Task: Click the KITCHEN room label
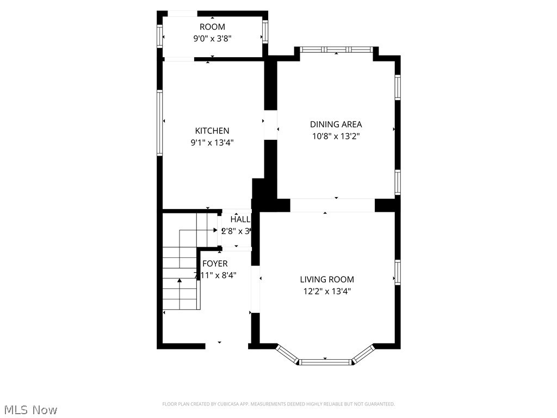coord(212,131)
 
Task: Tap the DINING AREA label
coord(336,124)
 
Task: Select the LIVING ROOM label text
coord(327,279)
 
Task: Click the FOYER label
coord(215,263)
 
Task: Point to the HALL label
coord(240,219)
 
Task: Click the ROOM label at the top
coord(212,27)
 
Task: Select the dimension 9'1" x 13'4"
coord(212,143)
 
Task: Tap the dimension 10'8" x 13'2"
coord(336,136)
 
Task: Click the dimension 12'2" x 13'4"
coord(327,291)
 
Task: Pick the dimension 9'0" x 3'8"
coord(212,39)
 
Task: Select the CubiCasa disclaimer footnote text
coord(278,404)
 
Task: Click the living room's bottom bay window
coord(326,361)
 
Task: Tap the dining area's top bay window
coord(337,50)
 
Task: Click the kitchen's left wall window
coord(160,122)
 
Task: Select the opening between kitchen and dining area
coord(270,126)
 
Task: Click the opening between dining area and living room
coord(332,205)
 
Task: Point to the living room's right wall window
coord(398,272)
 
